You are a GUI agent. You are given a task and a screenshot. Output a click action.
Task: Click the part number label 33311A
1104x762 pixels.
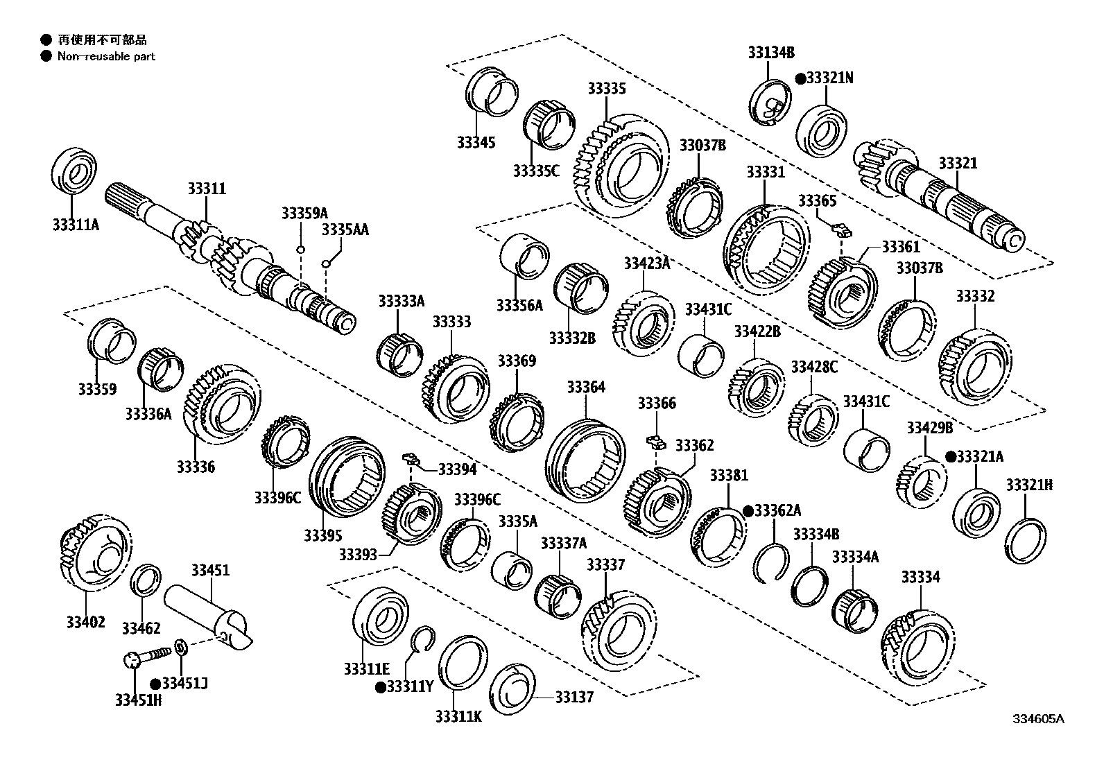(x=75, y=225)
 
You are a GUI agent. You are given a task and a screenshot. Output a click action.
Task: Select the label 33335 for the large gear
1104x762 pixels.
(x=606, y=89)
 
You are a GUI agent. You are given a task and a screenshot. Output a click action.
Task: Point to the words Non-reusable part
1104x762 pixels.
(x=106, y=57)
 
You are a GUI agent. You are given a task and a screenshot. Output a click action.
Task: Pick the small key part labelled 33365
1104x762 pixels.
(x=840, y=228)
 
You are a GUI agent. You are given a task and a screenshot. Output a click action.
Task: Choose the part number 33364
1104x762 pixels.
(x=585, y=387)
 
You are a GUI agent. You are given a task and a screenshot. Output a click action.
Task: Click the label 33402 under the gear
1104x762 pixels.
(x=85, y=622)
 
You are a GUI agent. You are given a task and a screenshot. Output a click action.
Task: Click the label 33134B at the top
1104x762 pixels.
(x=770, y=52)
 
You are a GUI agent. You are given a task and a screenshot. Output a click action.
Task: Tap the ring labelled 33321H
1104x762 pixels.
(x=1026, y=540)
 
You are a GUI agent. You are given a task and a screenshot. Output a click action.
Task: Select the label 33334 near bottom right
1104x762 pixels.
(x=920, y=577)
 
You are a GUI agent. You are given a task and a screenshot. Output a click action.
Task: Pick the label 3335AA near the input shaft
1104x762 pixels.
(x=345, y=230)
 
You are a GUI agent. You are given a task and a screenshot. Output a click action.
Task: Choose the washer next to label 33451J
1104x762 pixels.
(x=180, y=648)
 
